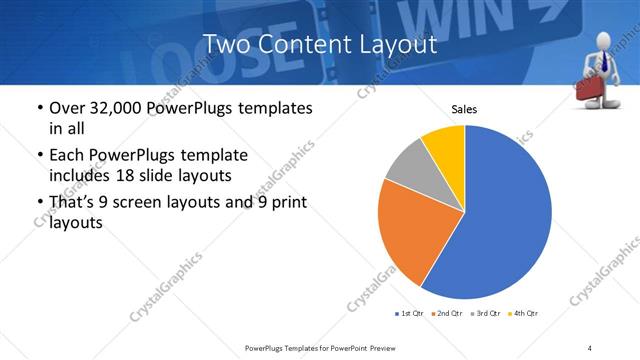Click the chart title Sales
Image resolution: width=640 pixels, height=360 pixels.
(x=464, y=108)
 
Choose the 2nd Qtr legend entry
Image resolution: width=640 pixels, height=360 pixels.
(x=447, y=314)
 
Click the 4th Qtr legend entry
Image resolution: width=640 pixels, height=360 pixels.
(x=524, y=314)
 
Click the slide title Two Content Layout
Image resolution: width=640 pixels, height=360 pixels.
(x=319, y=44)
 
